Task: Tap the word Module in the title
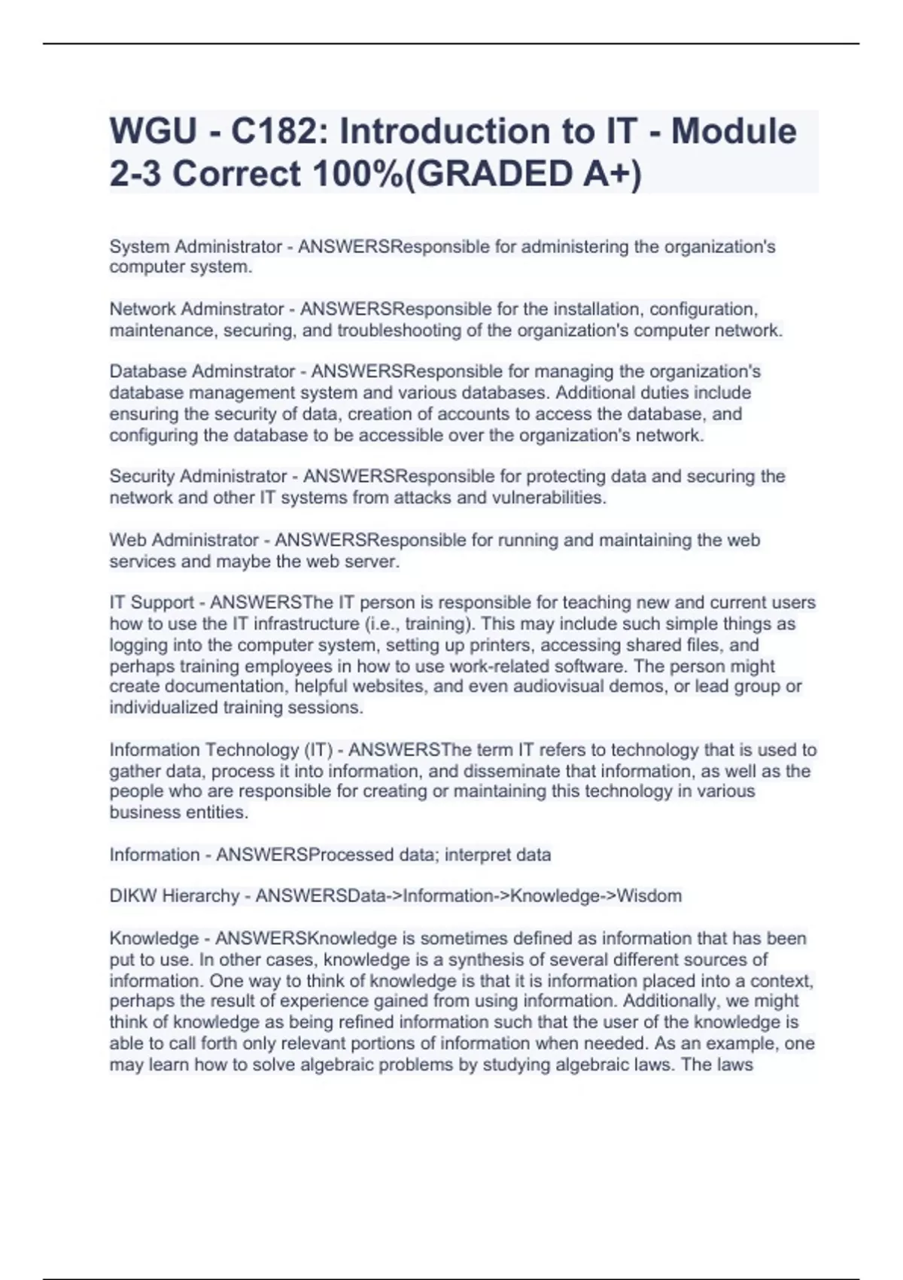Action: (x=733, y=132)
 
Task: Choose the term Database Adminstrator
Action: (x=202, y=371)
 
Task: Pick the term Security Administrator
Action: (x=198, y=476)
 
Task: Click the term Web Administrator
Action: (x=184, y=540)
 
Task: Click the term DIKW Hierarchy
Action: (x=174, y=896)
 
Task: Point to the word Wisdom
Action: (x=649, y=896)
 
